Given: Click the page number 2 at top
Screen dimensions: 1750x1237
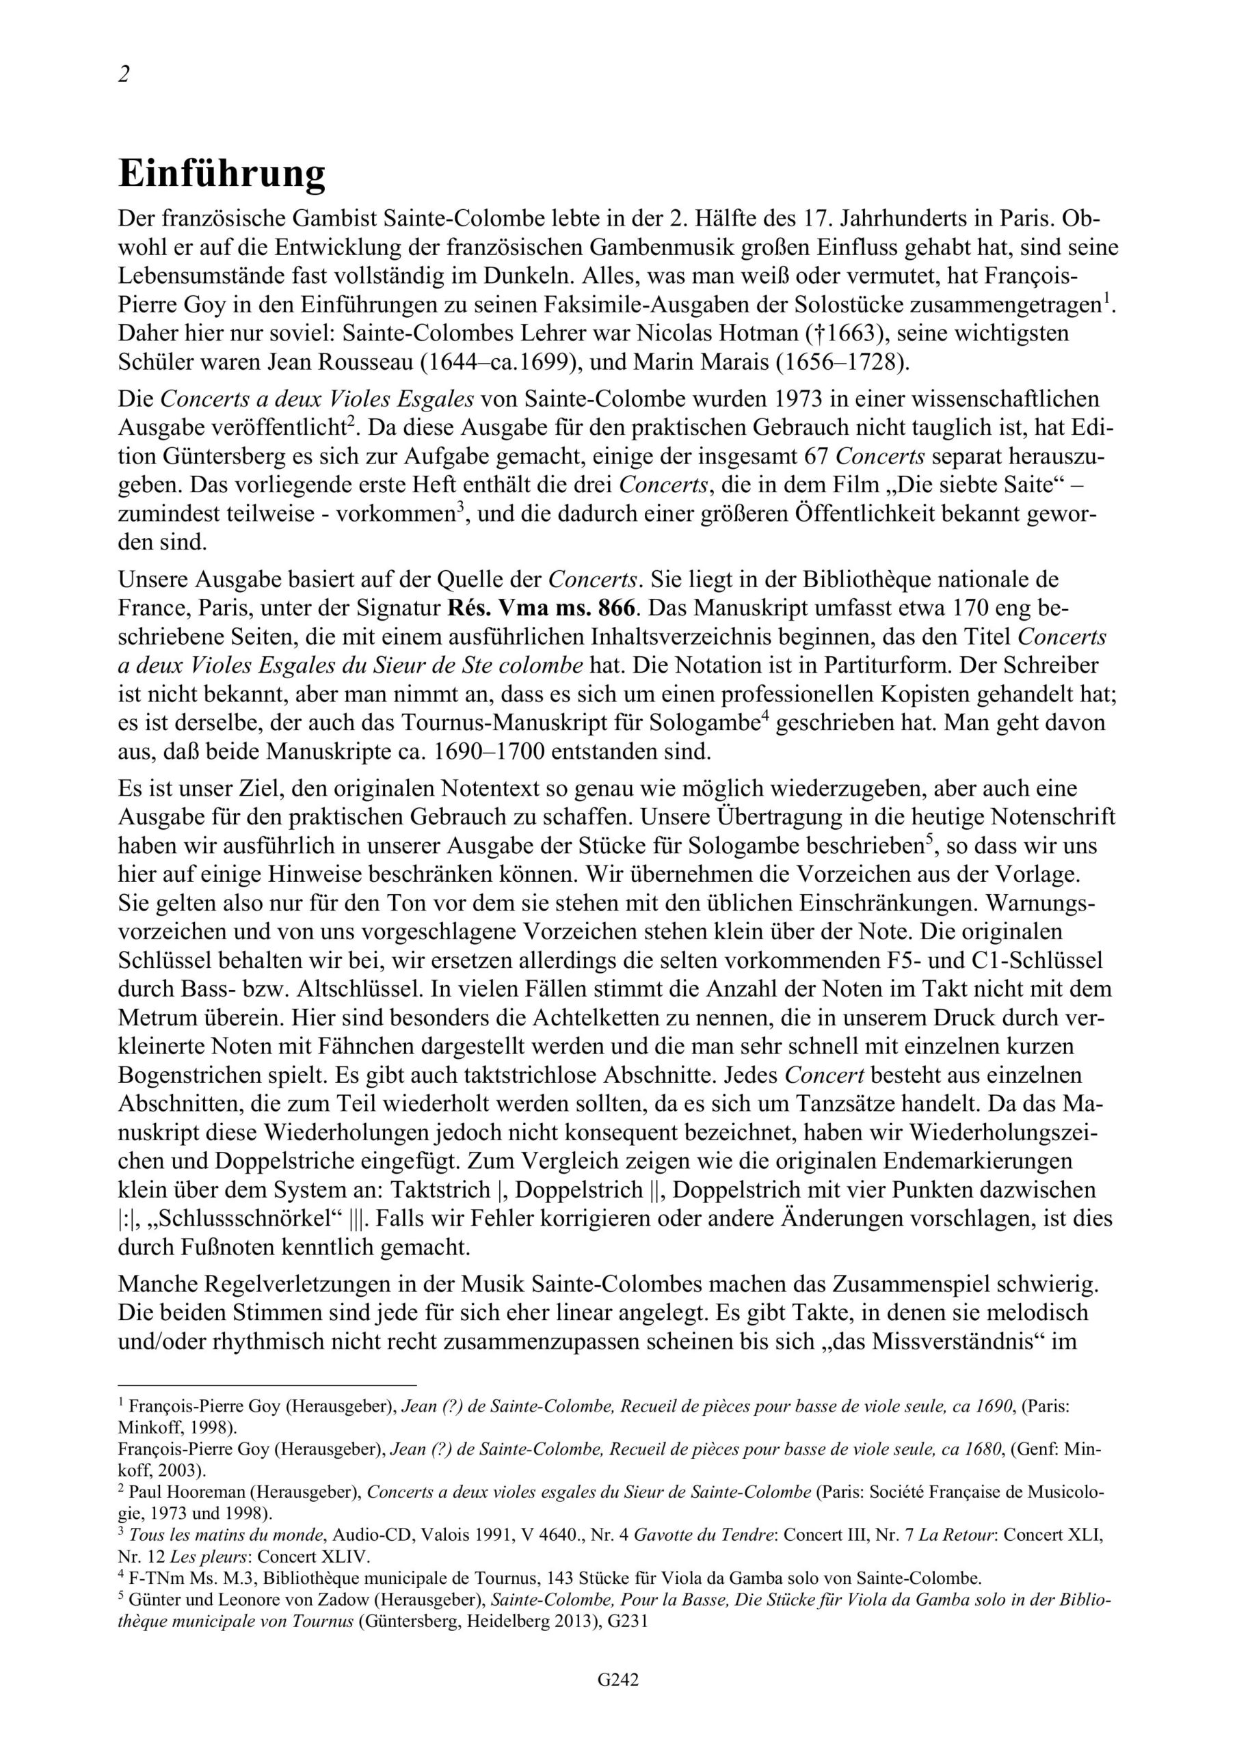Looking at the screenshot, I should (124, 75).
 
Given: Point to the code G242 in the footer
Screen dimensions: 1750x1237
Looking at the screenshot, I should (617, 1701).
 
